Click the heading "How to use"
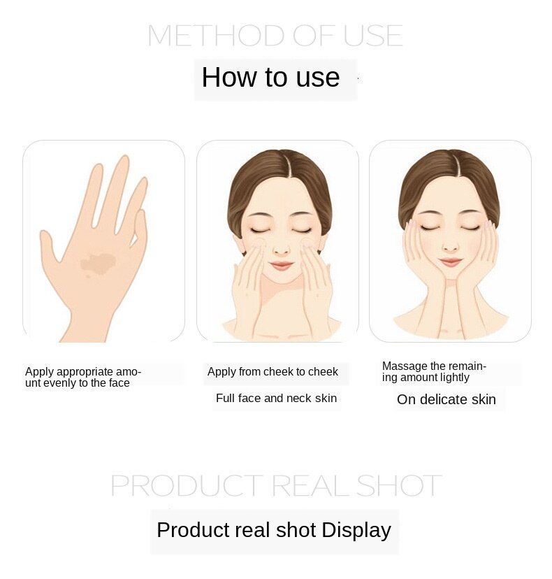click(270, 77)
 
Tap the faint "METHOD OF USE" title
click(275, 36)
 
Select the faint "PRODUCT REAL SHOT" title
click(276, 485)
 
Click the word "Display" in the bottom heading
click(356, 531)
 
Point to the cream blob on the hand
click(98, 264)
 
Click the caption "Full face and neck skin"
click(277, 399)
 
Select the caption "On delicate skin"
click(446, 399)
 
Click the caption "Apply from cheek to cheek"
click(273, 372)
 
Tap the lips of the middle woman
click(281, 265)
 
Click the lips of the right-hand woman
click(451, 262)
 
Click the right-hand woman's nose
click(450, 246)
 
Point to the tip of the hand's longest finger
click(126, 158)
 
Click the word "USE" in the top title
click(373, 36)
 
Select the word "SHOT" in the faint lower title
click(399, 485)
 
